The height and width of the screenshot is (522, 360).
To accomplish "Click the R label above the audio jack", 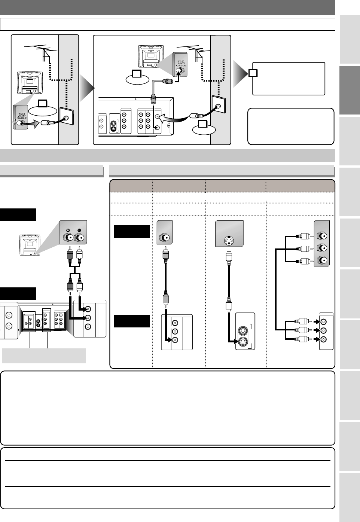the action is point(68,230).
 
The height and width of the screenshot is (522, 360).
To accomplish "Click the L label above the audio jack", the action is point(79,230).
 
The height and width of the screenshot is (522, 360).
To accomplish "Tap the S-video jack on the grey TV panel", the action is point(229,241).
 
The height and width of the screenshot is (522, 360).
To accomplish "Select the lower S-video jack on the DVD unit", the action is point(243,341).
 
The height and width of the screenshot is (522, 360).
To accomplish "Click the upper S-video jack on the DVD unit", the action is point(243,331).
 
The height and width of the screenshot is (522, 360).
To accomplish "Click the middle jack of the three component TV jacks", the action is point(322,248).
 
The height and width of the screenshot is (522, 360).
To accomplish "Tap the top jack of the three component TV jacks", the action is point(322,236).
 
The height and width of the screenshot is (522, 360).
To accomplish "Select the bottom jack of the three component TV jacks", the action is point(322,260).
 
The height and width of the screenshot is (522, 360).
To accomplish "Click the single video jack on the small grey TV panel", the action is point(165,238).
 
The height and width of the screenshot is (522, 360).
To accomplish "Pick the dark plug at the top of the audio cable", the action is point(70,255).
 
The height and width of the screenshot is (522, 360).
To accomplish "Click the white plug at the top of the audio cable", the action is point(79,255).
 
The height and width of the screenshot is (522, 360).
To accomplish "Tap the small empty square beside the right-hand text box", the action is point(253,73).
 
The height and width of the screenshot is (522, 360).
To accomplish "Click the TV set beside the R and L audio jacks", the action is point(30,245).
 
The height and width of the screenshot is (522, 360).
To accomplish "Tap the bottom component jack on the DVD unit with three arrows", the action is point(323,339).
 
